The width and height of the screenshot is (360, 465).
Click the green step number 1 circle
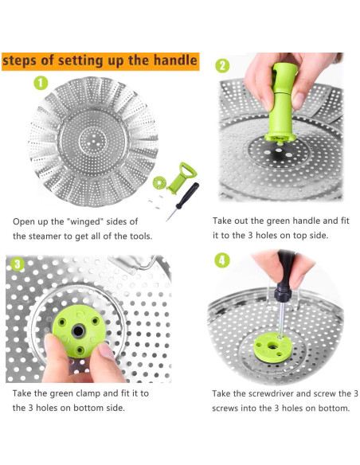click(x=41, y=83)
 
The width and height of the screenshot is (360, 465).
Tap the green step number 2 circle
click(x=222, y=65)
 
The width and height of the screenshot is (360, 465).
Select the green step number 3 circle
click(x=18, y=264)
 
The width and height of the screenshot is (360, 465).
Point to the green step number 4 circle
click(x=221, y=260)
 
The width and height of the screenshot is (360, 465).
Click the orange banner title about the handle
click(x=100, y=61)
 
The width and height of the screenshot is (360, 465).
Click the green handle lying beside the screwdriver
click(x=182, y=178)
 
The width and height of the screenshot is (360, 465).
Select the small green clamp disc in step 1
click(x=159, y=182)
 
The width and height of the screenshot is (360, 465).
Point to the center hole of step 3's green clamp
click(x=78, y=331)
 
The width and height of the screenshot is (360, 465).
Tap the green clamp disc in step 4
click(x=272, y=346)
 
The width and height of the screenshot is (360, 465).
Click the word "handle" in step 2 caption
click(x=307, y=221)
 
